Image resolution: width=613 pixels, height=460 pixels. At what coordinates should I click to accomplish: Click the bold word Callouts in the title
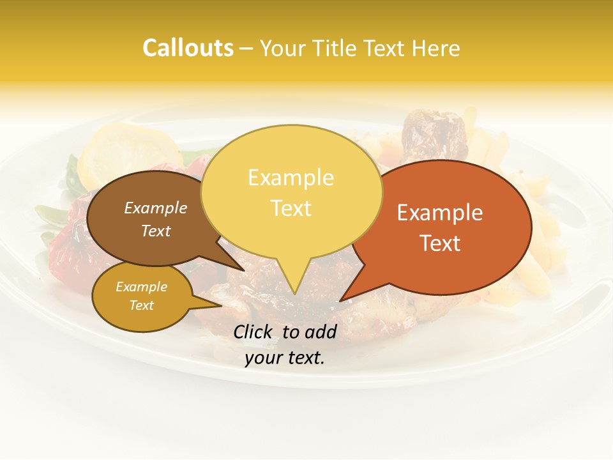pyautogui.click(x=188, y=48)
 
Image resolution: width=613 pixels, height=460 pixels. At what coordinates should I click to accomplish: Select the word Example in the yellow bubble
pyautogui.click(x=291, y=178)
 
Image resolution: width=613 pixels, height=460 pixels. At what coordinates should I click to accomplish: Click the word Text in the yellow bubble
pyautogui.click(x=291, y=208)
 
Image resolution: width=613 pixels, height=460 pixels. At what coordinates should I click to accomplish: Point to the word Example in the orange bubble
pyautogui.click(x=440, y=213)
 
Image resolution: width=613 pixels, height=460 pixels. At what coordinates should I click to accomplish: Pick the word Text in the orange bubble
pyautogui.click(x=440, y=243)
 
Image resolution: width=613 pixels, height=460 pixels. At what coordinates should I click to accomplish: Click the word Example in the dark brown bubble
pyautogui.click(x=156, y=208)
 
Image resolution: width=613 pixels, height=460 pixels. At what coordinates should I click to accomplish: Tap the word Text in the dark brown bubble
pyautogui.click(x=156, y=231)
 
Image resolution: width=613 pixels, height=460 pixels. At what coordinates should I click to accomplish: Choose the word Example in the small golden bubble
pyautogui.click(x=141, y=287)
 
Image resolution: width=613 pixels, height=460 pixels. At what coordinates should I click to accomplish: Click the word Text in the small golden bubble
pyautogui.click(x=141, y=305)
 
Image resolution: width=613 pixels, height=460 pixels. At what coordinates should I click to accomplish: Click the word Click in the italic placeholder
pyautogui.click(x=255, y=332)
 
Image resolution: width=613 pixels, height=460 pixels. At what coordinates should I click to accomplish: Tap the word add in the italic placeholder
pyautogui.click(x=320, y=332)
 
